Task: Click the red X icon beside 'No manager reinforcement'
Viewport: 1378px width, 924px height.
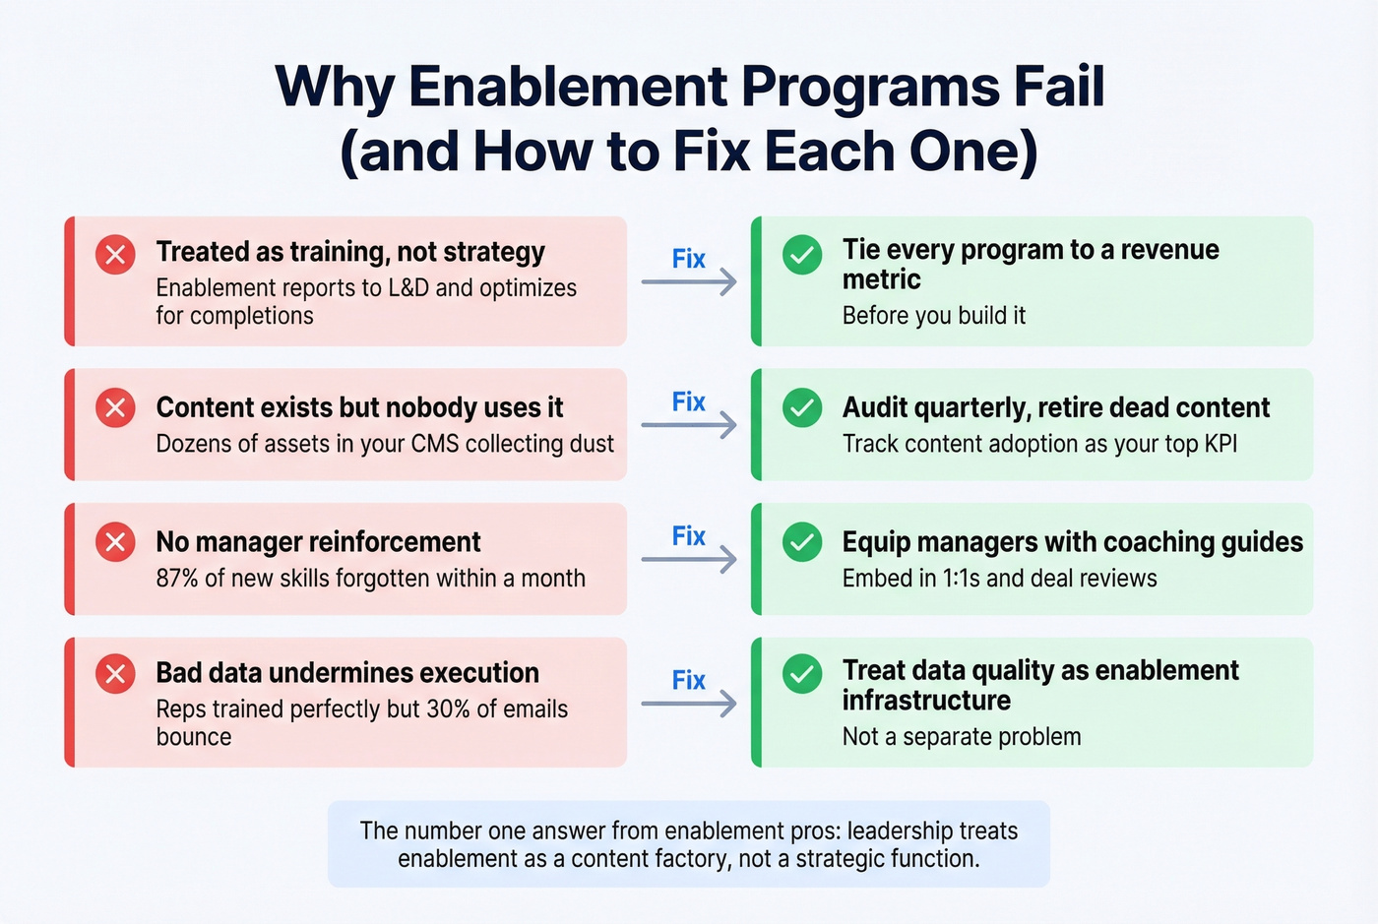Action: (x=115, y=542)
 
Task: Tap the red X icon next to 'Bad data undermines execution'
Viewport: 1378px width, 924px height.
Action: (x=115, y=674)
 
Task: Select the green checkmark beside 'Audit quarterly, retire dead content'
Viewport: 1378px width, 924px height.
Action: (x=802, y=407)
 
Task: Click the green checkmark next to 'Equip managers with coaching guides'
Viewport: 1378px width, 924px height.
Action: (x=802, y=542)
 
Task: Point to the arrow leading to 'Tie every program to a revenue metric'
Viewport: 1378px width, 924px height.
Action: (x=689, y=282)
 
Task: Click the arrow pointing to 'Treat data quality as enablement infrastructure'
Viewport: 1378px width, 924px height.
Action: (x=689, y=704)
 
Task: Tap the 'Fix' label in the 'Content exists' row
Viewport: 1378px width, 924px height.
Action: (x=689, y=401)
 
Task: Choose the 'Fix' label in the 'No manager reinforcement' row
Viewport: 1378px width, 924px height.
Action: (x=689, y=536)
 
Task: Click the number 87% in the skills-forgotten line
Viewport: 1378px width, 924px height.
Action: (x=177, y=579)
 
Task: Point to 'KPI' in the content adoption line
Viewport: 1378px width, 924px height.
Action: (x=1221, y=444)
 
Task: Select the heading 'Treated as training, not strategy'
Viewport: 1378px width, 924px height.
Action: (x=349, y=252)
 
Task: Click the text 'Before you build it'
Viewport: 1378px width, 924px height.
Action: (x=933, y=316)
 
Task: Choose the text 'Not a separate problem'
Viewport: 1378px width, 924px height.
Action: (x=961, y=737)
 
